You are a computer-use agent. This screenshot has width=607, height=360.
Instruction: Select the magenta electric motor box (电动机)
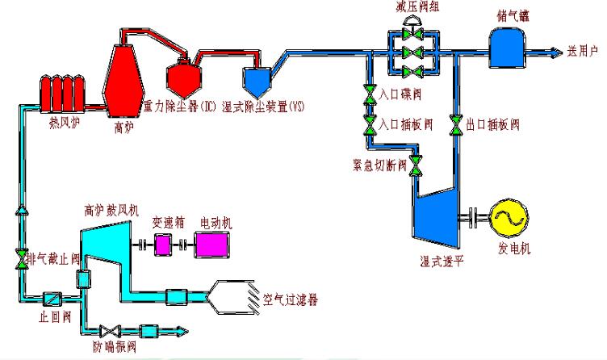pos(212,242)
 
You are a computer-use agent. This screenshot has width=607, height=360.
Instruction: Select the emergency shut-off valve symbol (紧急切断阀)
pos(416,168)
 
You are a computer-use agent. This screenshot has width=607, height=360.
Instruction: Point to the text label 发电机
pos(514,249)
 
